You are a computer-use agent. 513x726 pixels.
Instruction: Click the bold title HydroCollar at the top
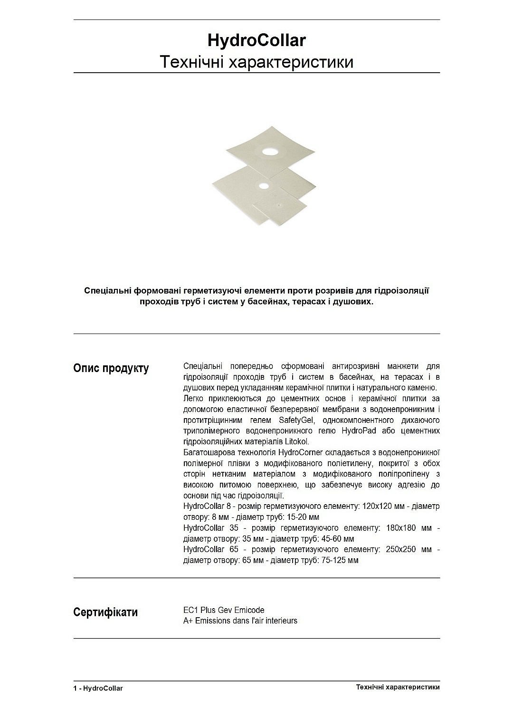(x=256, y=40)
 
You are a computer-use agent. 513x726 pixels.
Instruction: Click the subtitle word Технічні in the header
(x=192, y=62)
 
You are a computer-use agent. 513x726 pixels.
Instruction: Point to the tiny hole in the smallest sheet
(x=279, y=206)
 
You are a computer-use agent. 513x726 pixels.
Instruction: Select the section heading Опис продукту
(x=111, y=368)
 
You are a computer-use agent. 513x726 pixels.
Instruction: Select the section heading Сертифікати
(x=105, y=612)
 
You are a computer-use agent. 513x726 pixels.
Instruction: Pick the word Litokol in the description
(x=297, y=442)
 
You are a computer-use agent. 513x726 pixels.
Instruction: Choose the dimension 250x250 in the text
(x=402, y=549)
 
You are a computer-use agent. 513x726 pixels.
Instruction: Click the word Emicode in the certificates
(x=249, y=610)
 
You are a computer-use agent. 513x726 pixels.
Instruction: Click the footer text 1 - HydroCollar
(x=98, y=688)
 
